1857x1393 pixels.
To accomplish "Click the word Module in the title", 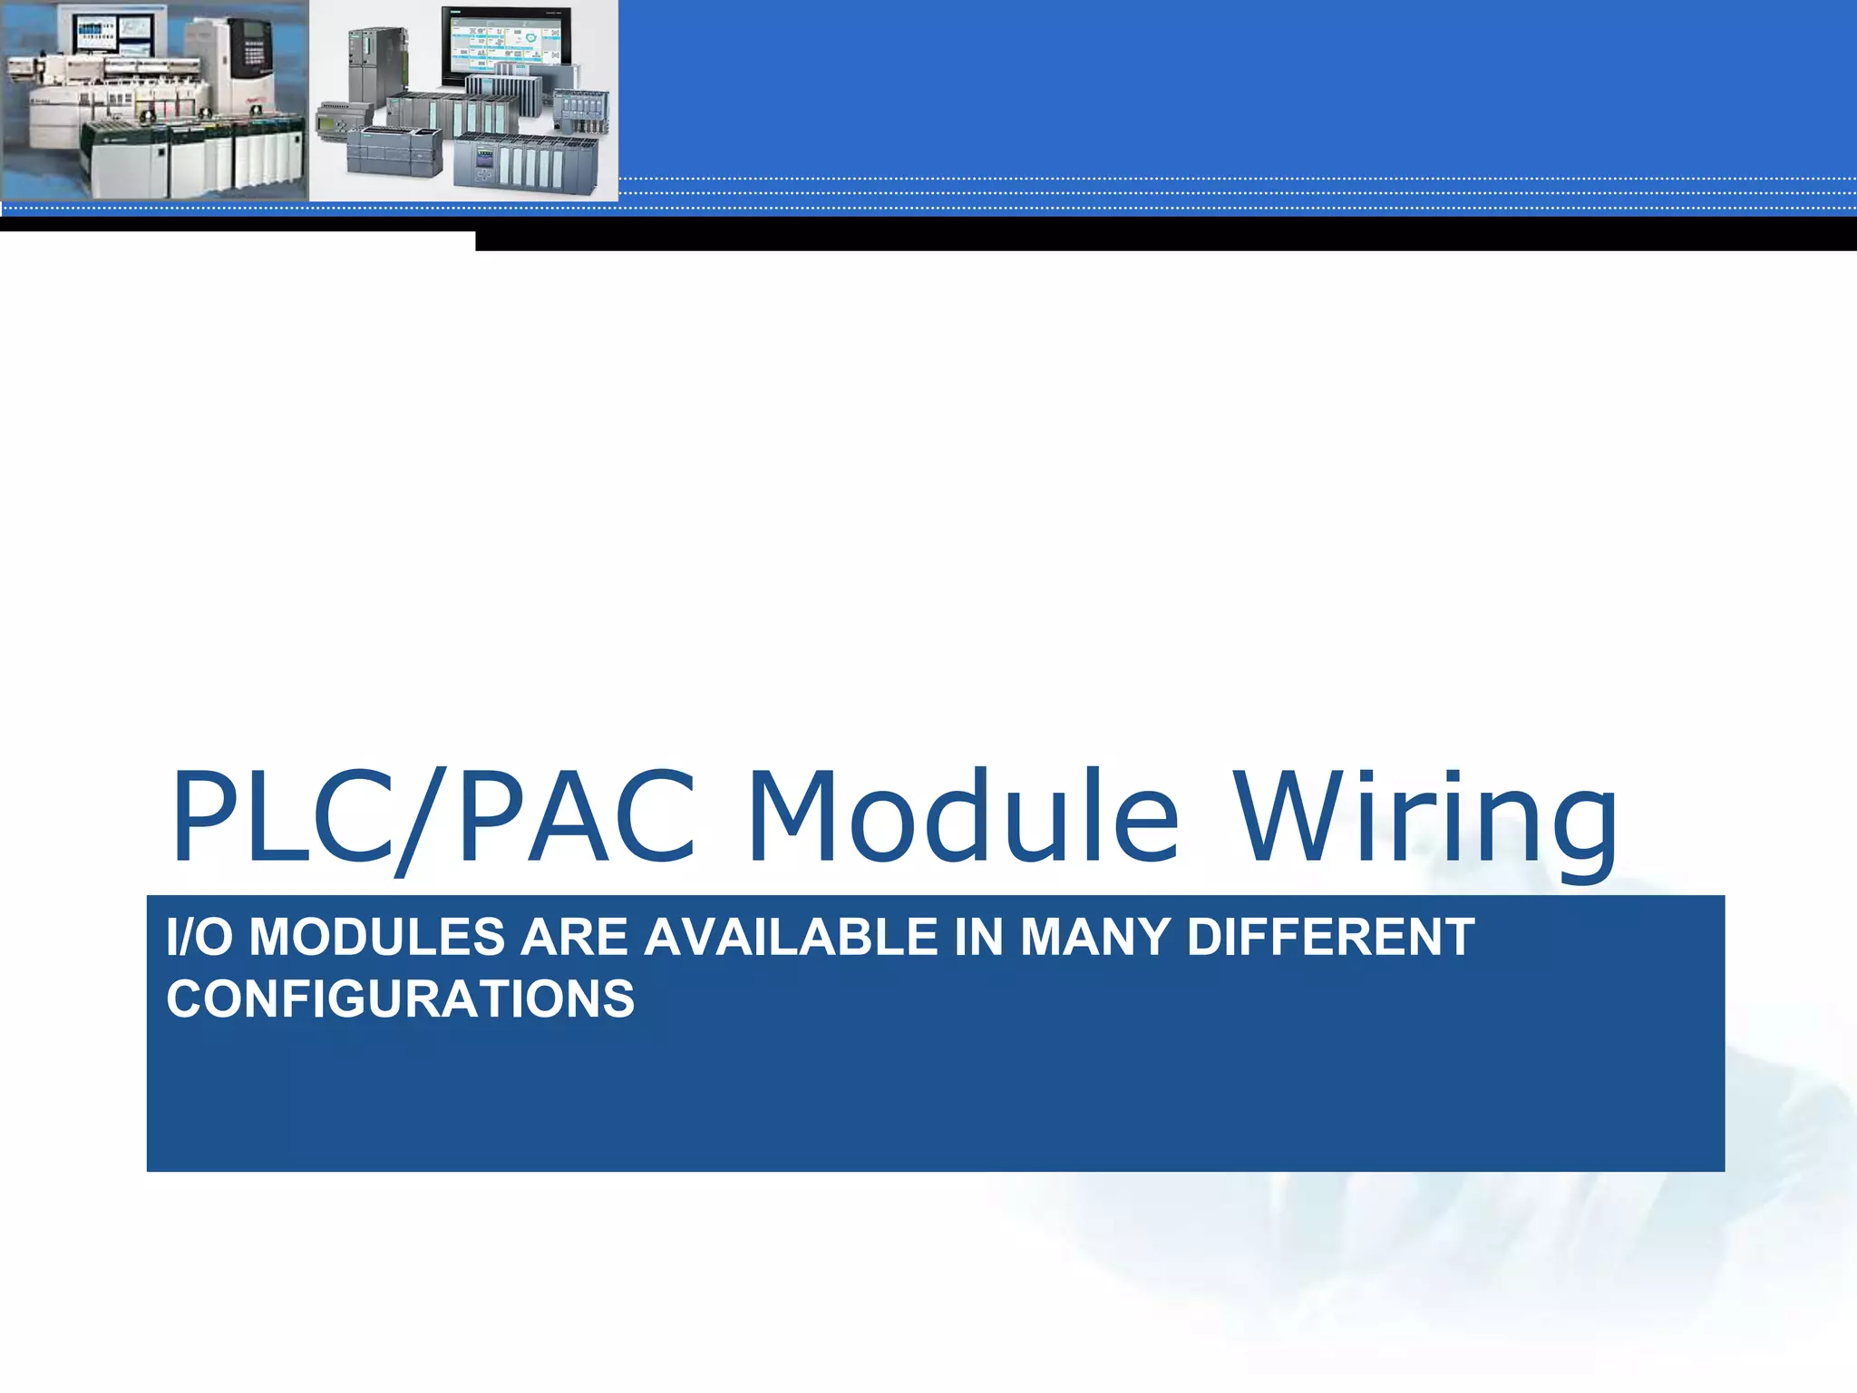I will [963, 817].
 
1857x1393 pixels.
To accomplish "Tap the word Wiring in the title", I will [1426, 821].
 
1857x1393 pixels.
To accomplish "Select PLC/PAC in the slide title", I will [433, 817].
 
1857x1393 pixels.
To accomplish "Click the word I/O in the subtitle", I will [199, 937].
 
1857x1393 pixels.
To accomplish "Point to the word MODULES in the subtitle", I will [376, 937].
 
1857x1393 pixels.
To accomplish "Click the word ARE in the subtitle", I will [573, 937].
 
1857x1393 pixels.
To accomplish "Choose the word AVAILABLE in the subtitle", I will [790, 937].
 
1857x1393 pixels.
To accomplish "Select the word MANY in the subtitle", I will [1094, 937].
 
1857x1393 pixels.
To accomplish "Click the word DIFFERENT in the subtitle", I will [1330, 937].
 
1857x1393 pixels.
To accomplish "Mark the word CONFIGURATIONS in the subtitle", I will [400, 999].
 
